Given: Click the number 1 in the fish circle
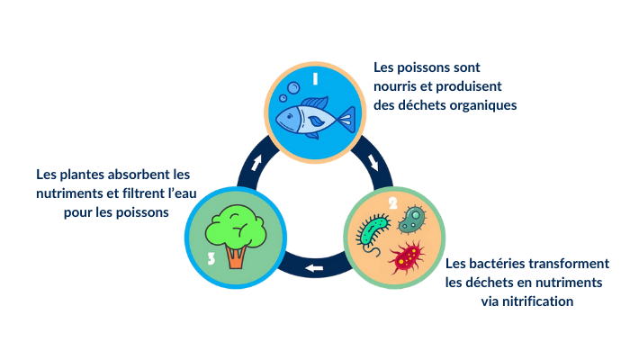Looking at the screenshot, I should pos(316,79).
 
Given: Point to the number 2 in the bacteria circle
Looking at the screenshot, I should pos(393,202).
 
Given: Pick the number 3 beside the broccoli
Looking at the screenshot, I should pos(211,258).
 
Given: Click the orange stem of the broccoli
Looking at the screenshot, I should pos(236,256).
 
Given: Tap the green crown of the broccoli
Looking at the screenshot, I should pos(235,225).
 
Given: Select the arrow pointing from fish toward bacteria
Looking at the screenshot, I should pos(373,163).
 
